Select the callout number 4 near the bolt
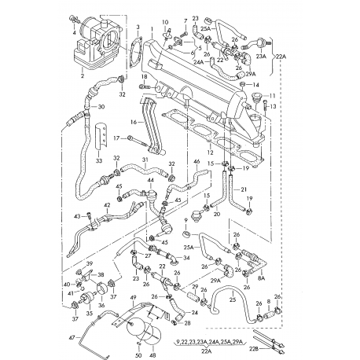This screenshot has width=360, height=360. [75, 32]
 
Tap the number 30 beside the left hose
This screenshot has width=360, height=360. [101, 107]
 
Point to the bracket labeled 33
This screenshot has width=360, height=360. [98, 160]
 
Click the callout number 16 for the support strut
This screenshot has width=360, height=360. [134, 123]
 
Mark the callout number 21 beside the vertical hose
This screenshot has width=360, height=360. [244, 190]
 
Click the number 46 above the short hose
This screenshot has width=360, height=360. [197, 162]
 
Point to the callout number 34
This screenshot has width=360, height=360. [186, 256]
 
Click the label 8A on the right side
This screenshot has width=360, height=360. [261, 277]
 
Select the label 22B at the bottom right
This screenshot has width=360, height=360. [253, 347]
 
